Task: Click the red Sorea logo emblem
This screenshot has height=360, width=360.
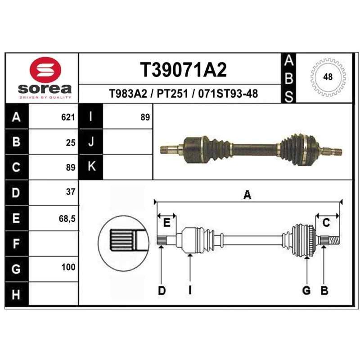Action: (45, 70)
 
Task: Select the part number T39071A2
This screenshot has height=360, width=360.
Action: (183, 70)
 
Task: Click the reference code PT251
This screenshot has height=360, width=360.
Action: (172, 94)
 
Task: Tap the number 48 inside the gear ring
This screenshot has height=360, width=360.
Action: (328, 76)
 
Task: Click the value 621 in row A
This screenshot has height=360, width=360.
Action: (68, 117)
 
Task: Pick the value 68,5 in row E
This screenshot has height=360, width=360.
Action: (67, 219)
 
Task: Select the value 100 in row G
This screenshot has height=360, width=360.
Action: (68, 267)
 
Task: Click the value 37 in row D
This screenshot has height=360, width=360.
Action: (71, 192)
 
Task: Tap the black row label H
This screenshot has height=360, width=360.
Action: (16, 295)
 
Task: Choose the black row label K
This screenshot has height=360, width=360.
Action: (92, 166)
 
